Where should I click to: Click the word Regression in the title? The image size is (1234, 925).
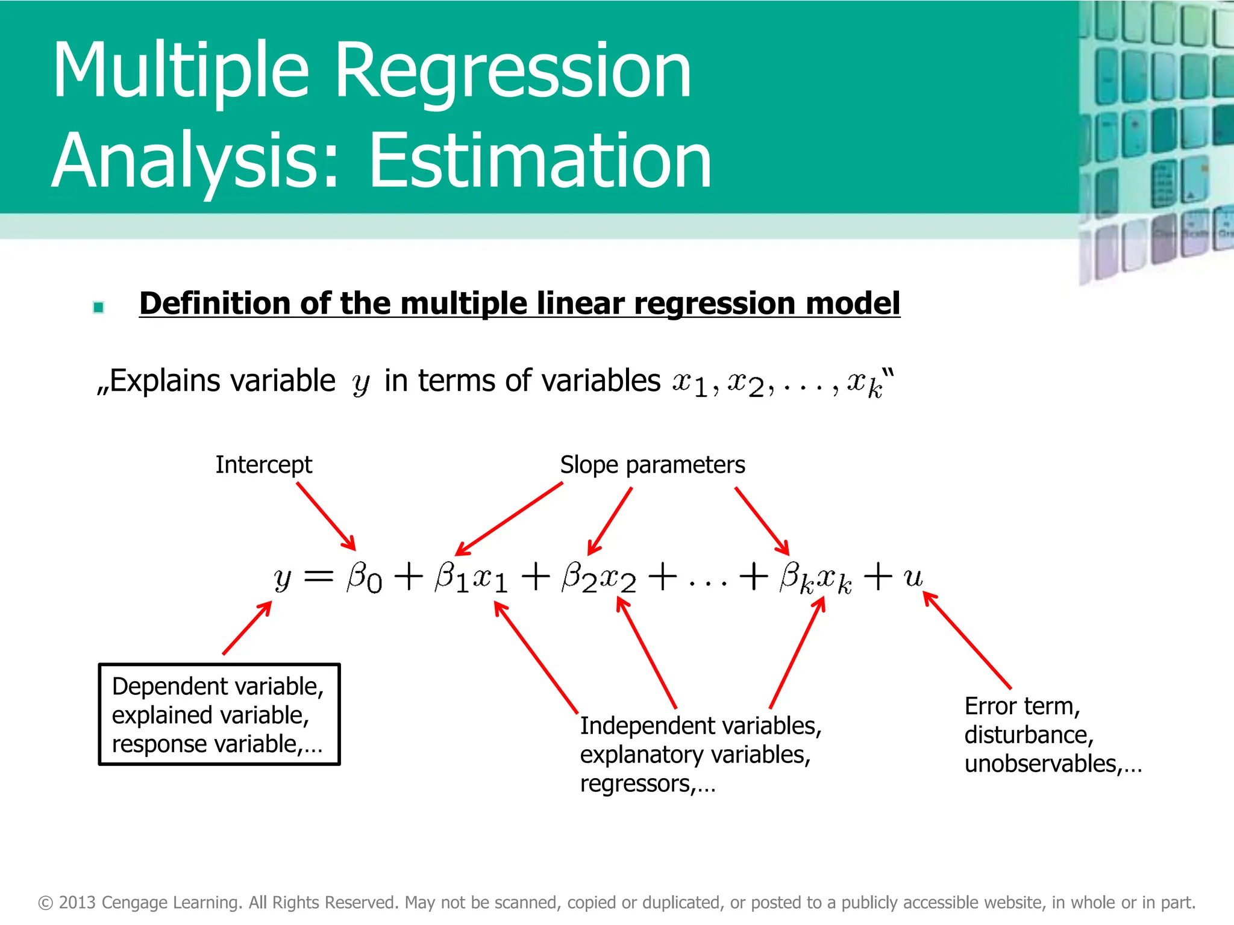[x=512, y=71]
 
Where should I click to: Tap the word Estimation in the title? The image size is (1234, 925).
[x=540, y=161]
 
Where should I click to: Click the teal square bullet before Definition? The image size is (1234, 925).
[x=99, y=308]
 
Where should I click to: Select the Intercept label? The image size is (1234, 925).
[x=264, y=465]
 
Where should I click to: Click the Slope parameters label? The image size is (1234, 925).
[x=653, y=465]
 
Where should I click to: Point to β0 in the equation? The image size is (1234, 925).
[x=364, y=578]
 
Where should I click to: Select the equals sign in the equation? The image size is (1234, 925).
[x=318, y=577]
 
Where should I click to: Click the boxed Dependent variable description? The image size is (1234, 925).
[x=219, y=715]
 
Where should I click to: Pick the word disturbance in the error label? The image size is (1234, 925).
[x=1029, y=735]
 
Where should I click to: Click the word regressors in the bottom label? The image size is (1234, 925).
[x=635, y=784]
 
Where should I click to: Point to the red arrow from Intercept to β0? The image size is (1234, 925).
[x=326, y=516]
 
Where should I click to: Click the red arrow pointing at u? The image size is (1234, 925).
[x=967, y=640]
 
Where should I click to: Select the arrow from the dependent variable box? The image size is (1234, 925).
[x=247, y=628]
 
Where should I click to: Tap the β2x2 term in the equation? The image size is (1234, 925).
[x=598, y=578]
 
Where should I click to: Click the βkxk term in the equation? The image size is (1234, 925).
[x=815, y=578]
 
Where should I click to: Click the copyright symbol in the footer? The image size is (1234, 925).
[x=46, y=903]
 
